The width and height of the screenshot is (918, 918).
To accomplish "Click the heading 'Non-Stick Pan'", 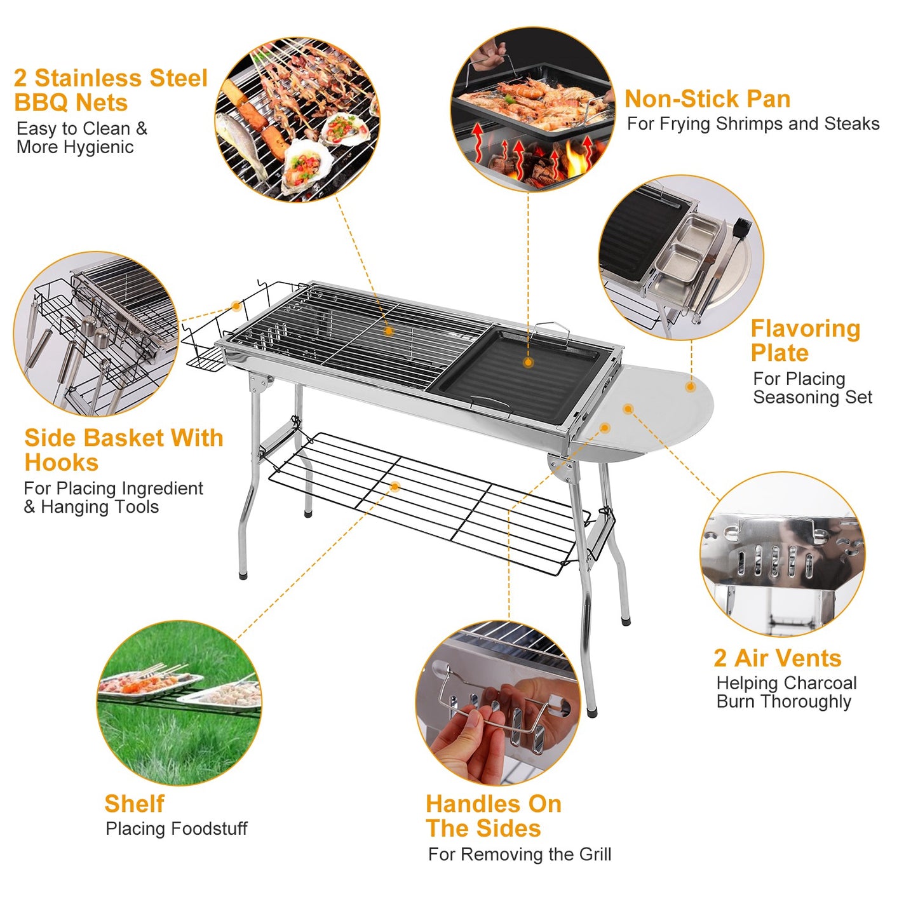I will click(x=707, y=99).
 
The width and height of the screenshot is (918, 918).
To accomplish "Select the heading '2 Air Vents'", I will click(x=777, y=658).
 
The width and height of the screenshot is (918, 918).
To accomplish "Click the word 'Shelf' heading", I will click(x=134, y=804).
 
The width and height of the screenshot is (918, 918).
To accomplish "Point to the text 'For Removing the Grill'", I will click(x=519, y=854).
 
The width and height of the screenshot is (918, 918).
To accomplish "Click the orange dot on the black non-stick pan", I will click(x=528, y=363).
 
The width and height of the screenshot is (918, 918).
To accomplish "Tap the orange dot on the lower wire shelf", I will click(x=395, y=487).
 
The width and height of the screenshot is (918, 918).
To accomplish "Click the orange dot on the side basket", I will click(x=236, y=306).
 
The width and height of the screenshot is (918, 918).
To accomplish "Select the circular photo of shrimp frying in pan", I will click(x=532, y=109).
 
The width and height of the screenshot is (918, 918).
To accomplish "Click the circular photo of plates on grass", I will click(x=179, y=703).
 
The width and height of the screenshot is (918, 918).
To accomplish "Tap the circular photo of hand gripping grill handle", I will click(x=498, y=703).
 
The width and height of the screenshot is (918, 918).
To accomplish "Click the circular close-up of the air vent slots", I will click(x=782, y=554).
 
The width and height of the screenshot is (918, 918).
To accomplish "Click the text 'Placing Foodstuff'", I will click(x=176, y=829).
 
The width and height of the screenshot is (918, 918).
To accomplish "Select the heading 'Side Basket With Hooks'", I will click(x=123, y=450).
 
